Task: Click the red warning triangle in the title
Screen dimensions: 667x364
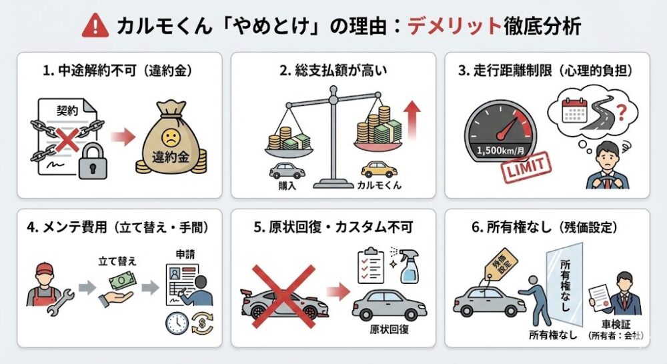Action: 95,25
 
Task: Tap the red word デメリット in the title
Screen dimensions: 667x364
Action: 454,26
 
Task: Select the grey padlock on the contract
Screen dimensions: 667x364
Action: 93,161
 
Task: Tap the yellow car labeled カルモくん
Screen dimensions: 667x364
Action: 379,169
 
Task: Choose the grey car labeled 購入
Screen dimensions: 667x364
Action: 287,171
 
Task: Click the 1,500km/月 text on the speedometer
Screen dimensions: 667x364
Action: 500,150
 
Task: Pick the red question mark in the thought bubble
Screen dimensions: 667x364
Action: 622,113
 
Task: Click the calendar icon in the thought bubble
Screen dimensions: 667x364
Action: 574,111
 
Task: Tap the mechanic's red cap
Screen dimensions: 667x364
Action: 45,269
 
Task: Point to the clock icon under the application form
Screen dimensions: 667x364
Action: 177,323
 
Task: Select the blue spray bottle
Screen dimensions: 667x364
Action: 408,266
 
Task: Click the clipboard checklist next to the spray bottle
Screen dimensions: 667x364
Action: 370,265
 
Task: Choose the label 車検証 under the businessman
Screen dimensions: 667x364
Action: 616,325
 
